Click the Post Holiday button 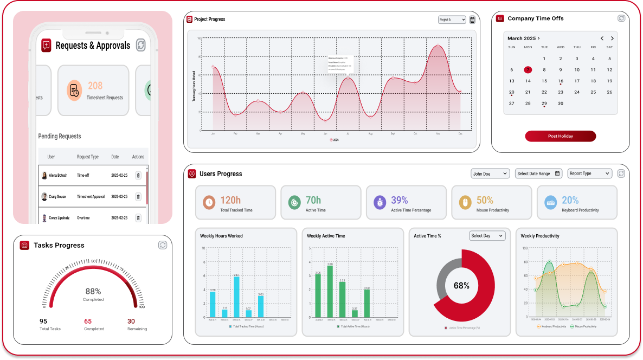[x=560, y=136]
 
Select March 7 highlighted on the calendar [x=528, y=70]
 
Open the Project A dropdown [x=452, y=20]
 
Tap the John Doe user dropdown [x=490, y=173]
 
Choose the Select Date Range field [x=538, y=173]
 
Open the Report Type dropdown [x=589, y=173]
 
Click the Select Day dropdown [x=487, y=236]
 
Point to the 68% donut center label [x=461, y=286]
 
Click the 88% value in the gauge [x=93, y=291]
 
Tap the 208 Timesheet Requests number [x=95, y=86]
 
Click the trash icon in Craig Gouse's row [x=138, y=197]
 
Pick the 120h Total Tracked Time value [x=230, y=201]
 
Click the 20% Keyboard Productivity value [x=570, y=201]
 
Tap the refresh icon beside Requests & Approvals [x=141, y=45]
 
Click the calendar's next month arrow [x=612, y=38]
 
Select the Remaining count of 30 [x=131, y=321]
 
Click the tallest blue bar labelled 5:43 [x=236, y=297]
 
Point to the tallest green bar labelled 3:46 [x=330, y=292]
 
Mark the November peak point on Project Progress [x=438, y=46]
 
